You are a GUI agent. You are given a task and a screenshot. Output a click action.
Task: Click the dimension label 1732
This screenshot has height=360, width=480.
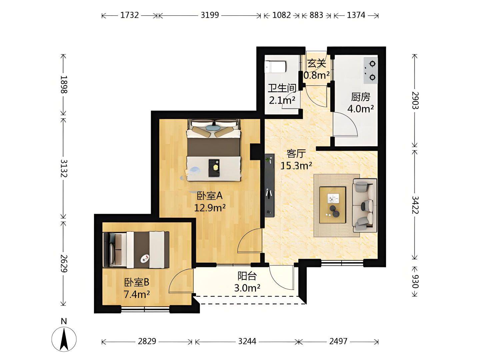[x=129, y=15]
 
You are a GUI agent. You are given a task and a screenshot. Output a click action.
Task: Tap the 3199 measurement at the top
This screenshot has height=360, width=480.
[x=210, y=15]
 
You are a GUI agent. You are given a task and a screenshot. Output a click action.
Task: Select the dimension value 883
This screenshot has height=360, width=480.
[x=316, y=15]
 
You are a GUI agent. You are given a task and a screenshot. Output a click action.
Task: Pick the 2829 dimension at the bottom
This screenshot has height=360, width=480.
[x=147, y=341]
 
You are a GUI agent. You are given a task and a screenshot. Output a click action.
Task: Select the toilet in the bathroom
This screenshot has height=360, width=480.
[x=275, y=67]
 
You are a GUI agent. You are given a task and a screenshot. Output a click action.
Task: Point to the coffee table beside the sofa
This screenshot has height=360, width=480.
[x=333, y=205]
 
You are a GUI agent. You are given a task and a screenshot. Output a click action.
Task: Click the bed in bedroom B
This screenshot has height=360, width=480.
[x=136, y=249]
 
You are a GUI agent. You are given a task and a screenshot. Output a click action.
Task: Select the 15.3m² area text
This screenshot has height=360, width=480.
[x=296, y=166]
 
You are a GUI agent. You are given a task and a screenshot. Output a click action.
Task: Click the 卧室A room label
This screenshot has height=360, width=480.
[x=210, y=196]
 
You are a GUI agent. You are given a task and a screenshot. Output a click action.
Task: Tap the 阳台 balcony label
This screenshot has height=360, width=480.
[x=247, y=276]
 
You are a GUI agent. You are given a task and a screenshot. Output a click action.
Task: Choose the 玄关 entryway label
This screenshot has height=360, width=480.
[x=317, y=64]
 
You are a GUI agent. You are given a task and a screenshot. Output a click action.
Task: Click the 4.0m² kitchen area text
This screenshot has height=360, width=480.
[x=360, y=109]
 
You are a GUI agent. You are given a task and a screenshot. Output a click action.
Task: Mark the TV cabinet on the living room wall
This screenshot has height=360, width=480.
[x=269, y=185]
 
